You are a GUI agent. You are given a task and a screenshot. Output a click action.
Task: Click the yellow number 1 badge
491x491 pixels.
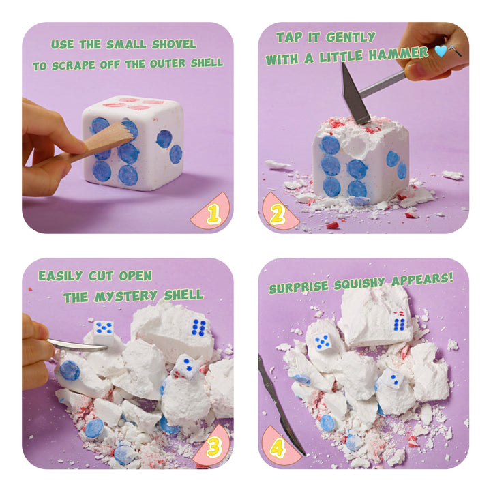[x=214, y=214]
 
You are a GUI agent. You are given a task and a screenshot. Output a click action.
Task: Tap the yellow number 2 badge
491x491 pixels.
[x=277, y=214]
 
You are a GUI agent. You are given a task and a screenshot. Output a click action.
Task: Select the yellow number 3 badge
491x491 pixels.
[x=215, y=446]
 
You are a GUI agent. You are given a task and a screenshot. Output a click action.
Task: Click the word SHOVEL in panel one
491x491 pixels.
[x=174, y=44]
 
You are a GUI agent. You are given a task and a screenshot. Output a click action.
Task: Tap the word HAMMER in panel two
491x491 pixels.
[x=398, y=54]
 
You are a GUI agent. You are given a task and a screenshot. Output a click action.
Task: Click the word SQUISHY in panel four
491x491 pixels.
[x=359, y=284]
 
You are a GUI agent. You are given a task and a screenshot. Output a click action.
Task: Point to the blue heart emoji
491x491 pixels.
[x=441, y=50]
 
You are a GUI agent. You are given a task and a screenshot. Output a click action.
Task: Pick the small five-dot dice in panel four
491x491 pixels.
[x=322, y=342]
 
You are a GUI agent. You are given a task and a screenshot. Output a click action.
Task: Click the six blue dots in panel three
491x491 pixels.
[x=199, y=328]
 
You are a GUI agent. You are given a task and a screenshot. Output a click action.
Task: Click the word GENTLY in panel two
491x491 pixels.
[x=351, y=38]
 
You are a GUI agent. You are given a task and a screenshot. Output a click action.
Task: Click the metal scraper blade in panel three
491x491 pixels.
[x=78, y=345]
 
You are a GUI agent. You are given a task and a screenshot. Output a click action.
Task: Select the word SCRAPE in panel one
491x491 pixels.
[x=73, y=65]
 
